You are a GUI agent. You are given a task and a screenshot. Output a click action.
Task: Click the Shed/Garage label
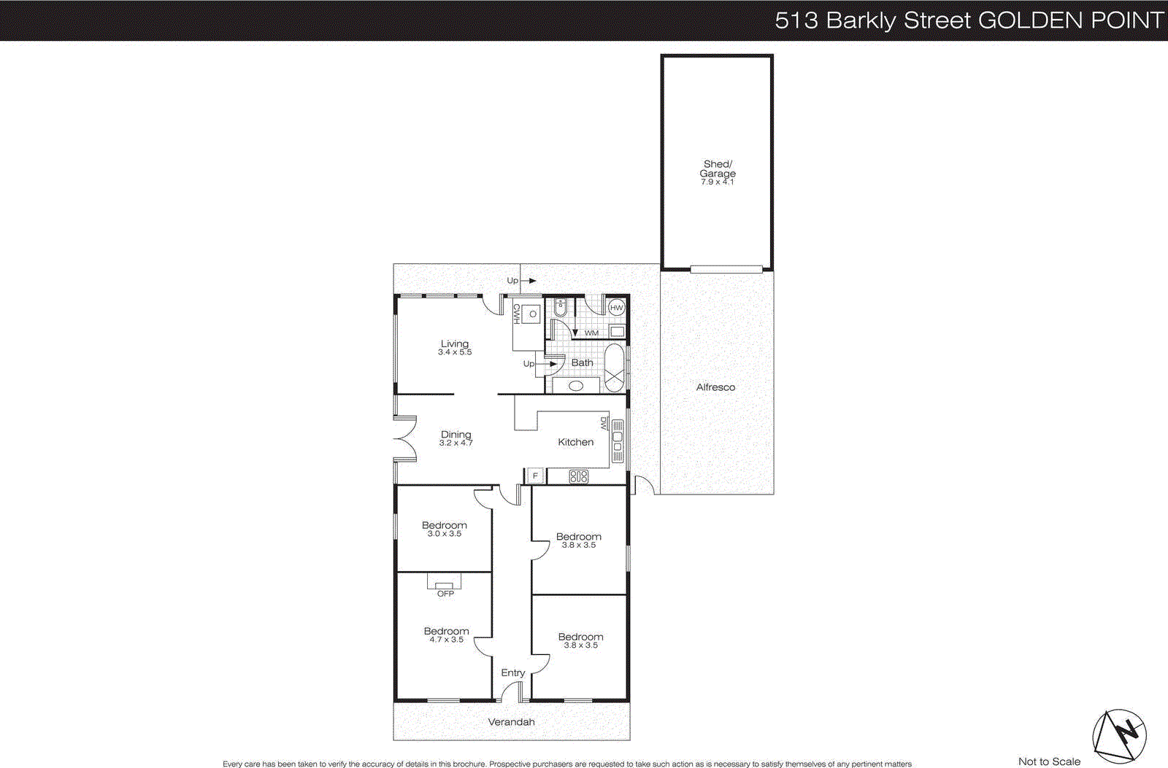pos(718,168)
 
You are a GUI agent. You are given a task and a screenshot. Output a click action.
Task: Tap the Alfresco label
pos(715,387)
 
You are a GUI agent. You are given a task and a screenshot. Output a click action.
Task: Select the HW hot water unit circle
pos(617,308)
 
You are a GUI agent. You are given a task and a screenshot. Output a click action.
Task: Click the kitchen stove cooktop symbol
pos(579,477)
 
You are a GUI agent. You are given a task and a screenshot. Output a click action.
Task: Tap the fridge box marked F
pos(535,476)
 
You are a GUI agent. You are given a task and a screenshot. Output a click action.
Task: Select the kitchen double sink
pos(618,441)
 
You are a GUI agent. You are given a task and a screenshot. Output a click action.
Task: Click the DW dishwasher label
pos(604,423)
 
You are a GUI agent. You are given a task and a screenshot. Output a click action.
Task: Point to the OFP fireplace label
pos(445,594)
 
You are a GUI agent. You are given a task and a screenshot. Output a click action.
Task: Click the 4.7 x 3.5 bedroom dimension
pos(446,640)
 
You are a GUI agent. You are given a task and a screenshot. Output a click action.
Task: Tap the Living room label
pos(455,344)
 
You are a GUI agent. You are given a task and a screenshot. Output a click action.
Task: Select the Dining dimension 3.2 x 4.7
pos(456,443)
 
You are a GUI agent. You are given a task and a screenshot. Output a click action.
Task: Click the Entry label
pos(513,672)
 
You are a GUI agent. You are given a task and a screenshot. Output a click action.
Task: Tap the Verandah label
pos(511,722)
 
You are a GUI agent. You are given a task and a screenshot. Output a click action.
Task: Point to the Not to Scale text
pos(1049,761)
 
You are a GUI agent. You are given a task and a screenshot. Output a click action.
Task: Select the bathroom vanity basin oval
pos(576,386)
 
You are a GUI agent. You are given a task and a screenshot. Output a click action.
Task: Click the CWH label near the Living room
pos(516,314)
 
